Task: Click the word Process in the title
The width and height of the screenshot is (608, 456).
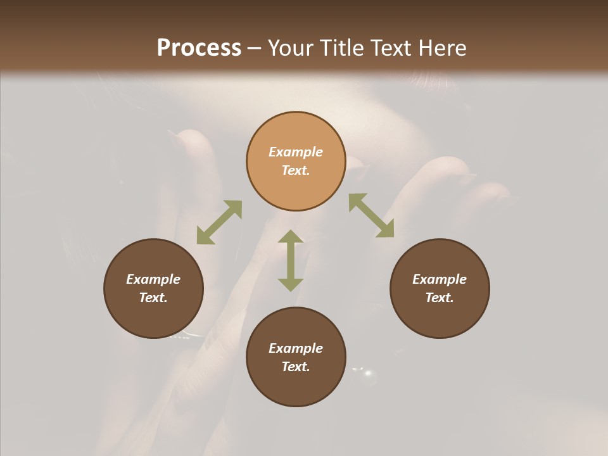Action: (x=199, y=48)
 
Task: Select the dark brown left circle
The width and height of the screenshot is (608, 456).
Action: (x=153, y=288)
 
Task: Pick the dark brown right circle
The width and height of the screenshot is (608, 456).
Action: (x=440, y=288)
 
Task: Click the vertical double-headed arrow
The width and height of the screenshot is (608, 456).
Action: (x=291, y=260)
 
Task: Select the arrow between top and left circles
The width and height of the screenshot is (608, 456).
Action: (x=219, y=222)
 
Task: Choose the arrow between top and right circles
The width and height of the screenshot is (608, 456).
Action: (x=371, y=215)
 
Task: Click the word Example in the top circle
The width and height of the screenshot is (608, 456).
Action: (x=296, y=152)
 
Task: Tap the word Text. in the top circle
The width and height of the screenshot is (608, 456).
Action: (x=296, y=170)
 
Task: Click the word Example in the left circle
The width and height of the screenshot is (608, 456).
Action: (x=153, y=279)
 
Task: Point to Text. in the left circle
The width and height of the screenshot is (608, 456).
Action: (x=153, y=298)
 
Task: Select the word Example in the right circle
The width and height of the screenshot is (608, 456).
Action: (x=440, y=279)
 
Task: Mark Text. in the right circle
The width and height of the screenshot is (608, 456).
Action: (x=440, y=298)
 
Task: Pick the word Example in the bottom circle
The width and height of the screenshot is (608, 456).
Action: (x=296, y=348)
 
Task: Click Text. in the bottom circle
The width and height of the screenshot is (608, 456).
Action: (x=296, y=367)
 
